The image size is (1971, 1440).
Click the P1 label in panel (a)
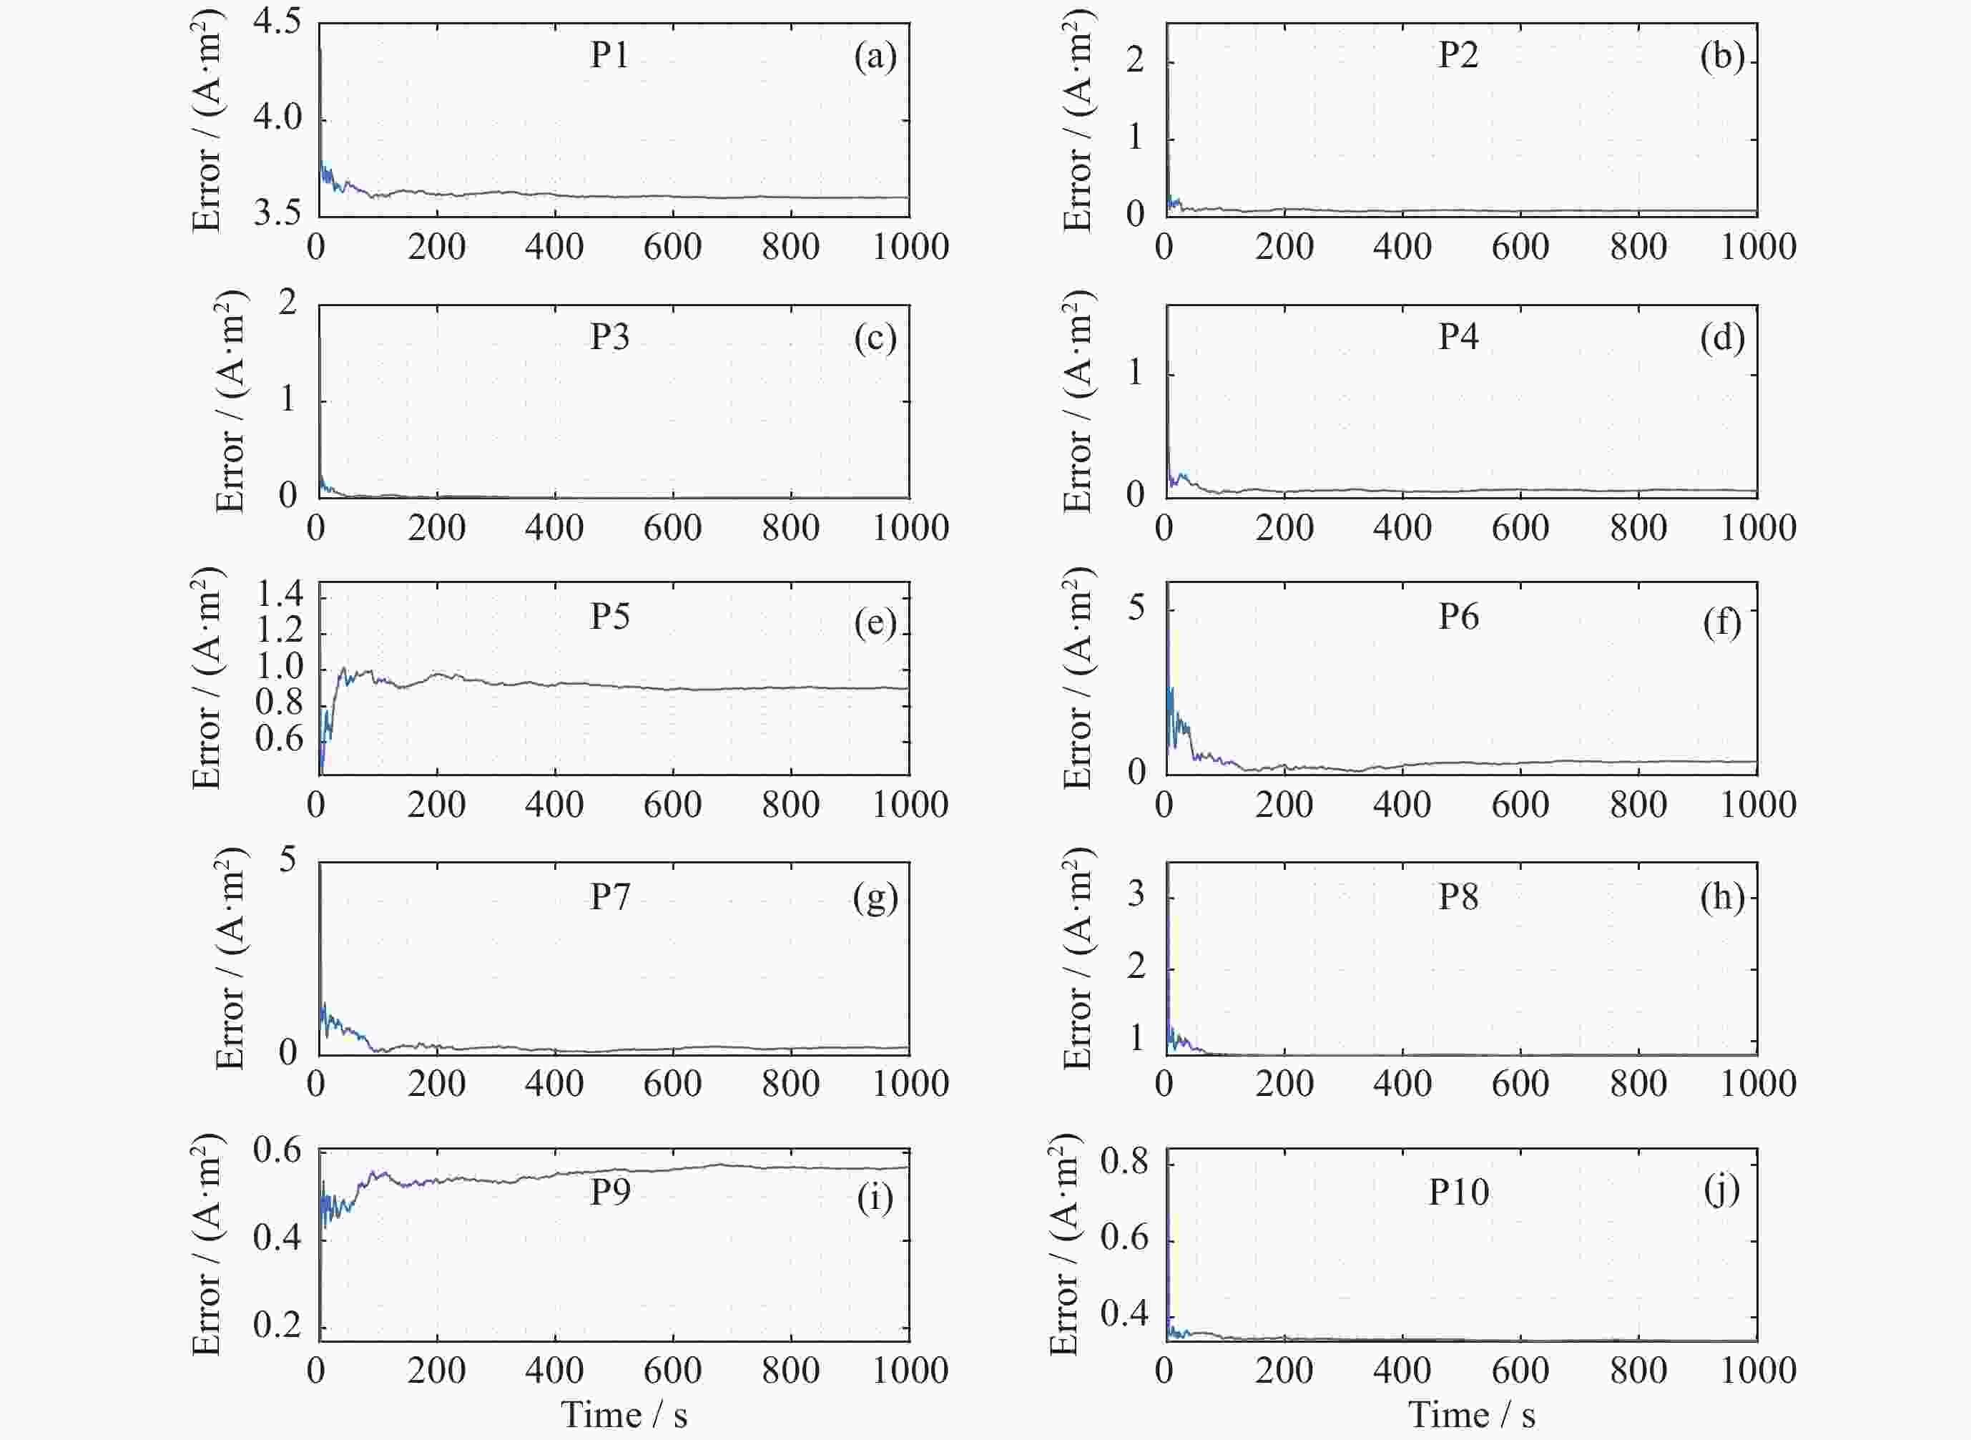(x=609, y=56)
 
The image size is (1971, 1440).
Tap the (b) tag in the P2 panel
(x=1722, y=57)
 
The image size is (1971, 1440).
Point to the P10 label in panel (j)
(x=1459, y=1192)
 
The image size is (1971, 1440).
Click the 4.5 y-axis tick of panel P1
(x=277, y=21)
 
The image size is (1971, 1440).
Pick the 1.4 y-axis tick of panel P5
(x=279, y=595)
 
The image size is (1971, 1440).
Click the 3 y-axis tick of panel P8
(x=1136, y=895)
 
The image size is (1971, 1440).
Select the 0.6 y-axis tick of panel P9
(x=277, y=1150)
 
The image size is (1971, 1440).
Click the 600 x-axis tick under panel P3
(x=672, y=528)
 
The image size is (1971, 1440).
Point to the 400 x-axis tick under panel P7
(x=554, y=1084)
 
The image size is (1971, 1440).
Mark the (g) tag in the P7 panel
(x=875, y=898)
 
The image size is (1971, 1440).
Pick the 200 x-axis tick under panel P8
(x=1284, y=1084)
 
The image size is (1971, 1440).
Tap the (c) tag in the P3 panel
(x=875, y=338)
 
